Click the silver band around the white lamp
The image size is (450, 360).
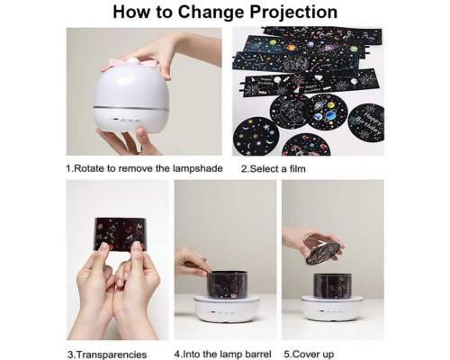click(x=131, y=108)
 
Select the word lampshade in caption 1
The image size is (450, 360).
click(x=198, y=168)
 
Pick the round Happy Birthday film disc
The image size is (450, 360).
click(x=366, y=121)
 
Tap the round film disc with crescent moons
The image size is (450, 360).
click(x=256, y=137)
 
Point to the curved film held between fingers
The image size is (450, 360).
click(x=121, y=234)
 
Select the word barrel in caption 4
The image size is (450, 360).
click(x=258, y=354)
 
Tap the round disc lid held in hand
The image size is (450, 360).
click(x=322, y=254)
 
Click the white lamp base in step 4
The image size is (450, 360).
click(x=227, y=308)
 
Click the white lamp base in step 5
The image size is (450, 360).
click(x=332, y=308)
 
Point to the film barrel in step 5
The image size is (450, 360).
click(x=333, y=285)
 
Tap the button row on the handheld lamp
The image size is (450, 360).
click(x=127, y=120)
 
